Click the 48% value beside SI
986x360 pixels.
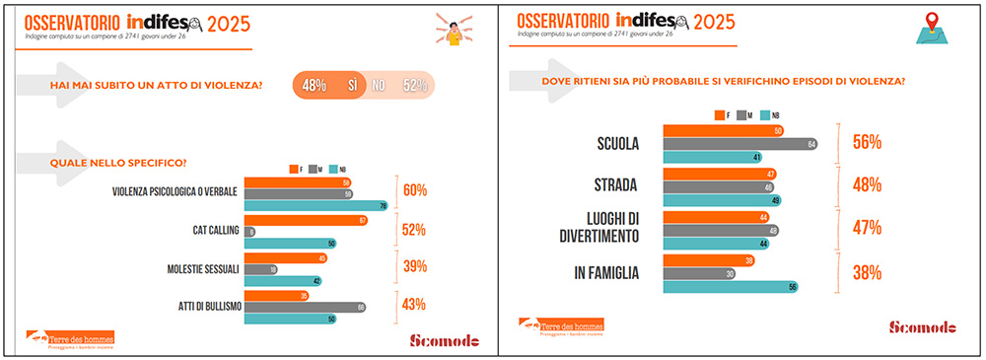pyautogui.click(x=315, y=86)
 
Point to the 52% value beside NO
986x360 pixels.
pyautogui.click(x=415, y=86)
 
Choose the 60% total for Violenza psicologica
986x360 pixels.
pyautogui.click(x=414, y=190)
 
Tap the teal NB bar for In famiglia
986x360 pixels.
pyautogui.click(x=731, y=288)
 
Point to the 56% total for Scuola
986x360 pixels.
pyautogui.click(x=867, y=143)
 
